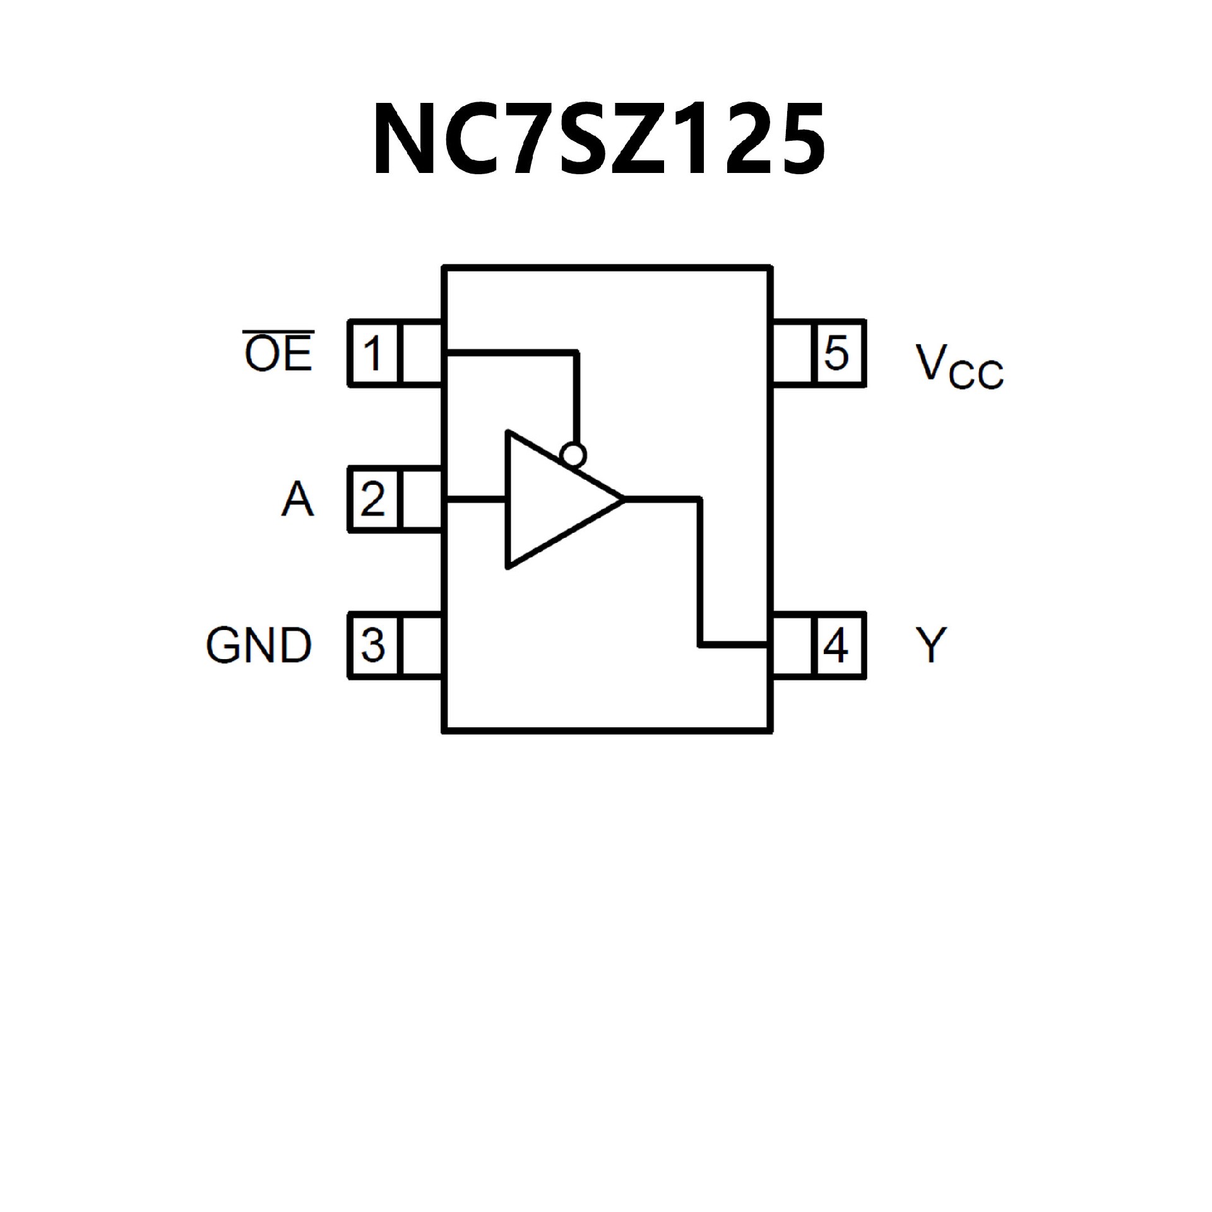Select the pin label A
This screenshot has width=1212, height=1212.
coord(297,499)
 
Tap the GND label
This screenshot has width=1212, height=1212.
coord(259,646)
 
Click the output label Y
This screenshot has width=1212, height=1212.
coord(931,646)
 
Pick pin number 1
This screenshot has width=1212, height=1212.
coord(373,353)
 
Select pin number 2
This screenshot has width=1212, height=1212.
coord(373,499)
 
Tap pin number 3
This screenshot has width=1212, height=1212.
coord(373,646)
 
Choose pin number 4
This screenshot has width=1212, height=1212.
coord(836,646)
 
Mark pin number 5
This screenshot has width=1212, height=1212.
coord(836,353)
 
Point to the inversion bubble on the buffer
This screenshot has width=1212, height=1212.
coord(573,454)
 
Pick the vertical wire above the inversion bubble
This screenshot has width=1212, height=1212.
coord(576,398)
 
